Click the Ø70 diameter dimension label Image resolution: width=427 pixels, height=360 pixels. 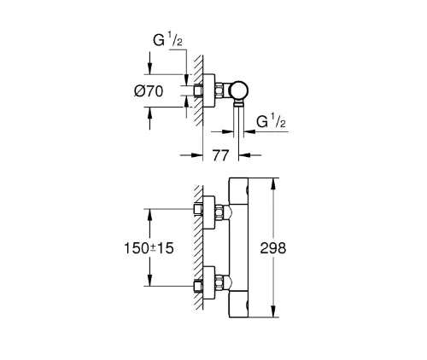click(149, 91)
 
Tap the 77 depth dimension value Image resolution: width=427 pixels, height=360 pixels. click(220, 155)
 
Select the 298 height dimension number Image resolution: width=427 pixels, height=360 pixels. click(273, 248)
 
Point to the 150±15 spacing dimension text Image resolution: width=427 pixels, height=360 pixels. click(149, 248)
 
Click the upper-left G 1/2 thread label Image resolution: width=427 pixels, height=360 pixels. click(167, 39)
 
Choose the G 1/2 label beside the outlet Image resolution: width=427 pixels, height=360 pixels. click(271, 120)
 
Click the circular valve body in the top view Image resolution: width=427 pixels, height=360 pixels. click(239, 91)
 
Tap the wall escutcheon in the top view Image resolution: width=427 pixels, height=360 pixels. click(208, 91)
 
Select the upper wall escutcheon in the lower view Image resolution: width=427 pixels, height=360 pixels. click(208, 212)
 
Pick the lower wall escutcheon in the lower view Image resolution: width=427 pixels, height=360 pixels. click(208, 283)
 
